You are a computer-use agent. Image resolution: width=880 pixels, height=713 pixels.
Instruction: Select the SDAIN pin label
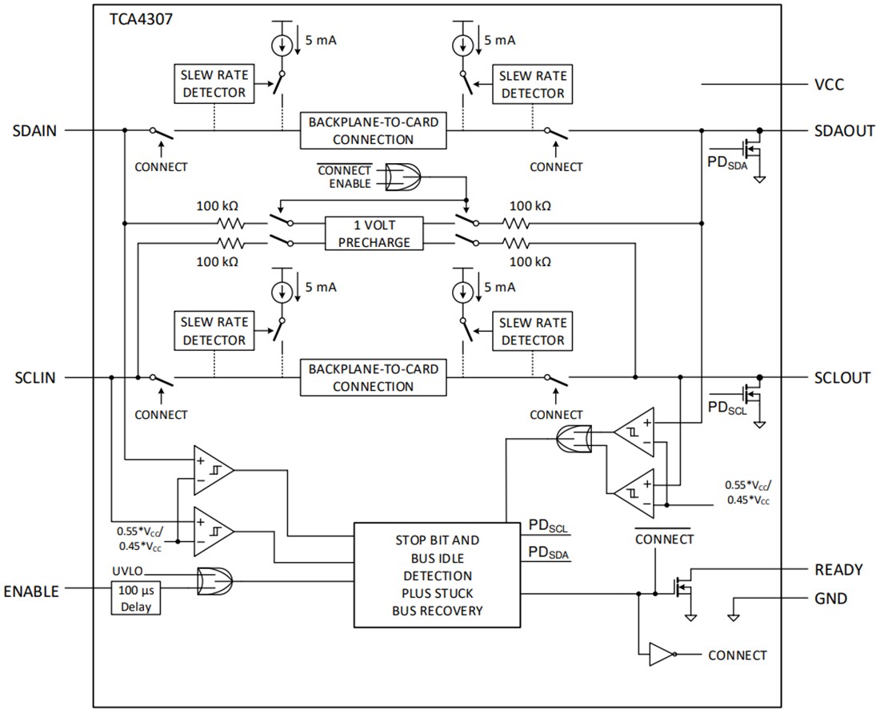click(x=34, y=130)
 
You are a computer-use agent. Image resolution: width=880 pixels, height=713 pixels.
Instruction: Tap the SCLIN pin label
click(x=34, y=377)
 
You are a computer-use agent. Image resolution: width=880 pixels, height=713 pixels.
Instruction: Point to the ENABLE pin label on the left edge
click(x=31, y=592)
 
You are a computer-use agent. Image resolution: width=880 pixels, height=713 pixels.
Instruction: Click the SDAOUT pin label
click(x=843, y=130)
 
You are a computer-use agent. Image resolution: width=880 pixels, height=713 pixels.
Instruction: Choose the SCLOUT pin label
click(x=843, y=377)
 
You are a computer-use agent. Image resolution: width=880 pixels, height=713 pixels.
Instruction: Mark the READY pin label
click(x=838, y=570)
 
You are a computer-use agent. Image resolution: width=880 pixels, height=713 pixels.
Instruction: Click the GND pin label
click(x=831, y=599)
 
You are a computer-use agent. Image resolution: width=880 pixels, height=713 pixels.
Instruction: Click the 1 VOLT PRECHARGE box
click(x=374, y=234)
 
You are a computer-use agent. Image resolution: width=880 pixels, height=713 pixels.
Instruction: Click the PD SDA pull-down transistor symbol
click(x=752, y=149)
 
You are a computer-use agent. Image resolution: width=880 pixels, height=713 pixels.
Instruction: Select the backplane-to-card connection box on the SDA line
click(x=374, y=131)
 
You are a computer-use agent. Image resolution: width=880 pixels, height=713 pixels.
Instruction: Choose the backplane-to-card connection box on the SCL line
click(x=374, y=378)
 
